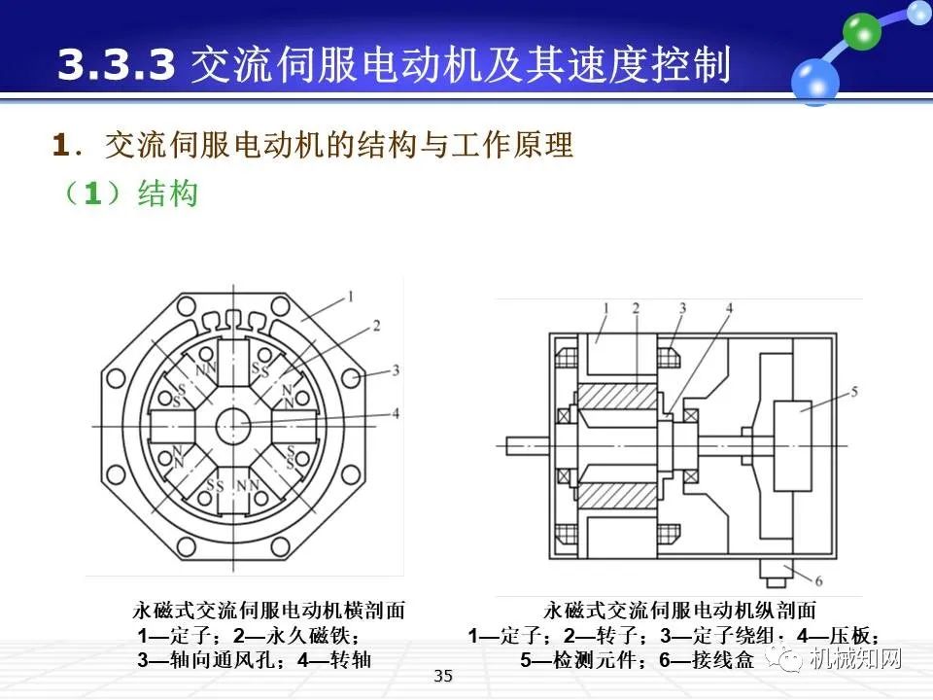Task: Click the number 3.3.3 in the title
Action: pos(116,64)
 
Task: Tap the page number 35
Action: pos(443,677)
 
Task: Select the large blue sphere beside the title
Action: pos(814,80)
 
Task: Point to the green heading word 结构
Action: pos(168,192)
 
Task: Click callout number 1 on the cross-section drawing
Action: pos(350,295)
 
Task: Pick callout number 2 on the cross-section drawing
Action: pos(375,324)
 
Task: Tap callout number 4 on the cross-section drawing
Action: pos(396,413)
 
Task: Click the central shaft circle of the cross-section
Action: pos(234,425)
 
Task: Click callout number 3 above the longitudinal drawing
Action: pos(682,308)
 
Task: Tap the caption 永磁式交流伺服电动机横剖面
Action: pos(268,611)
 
